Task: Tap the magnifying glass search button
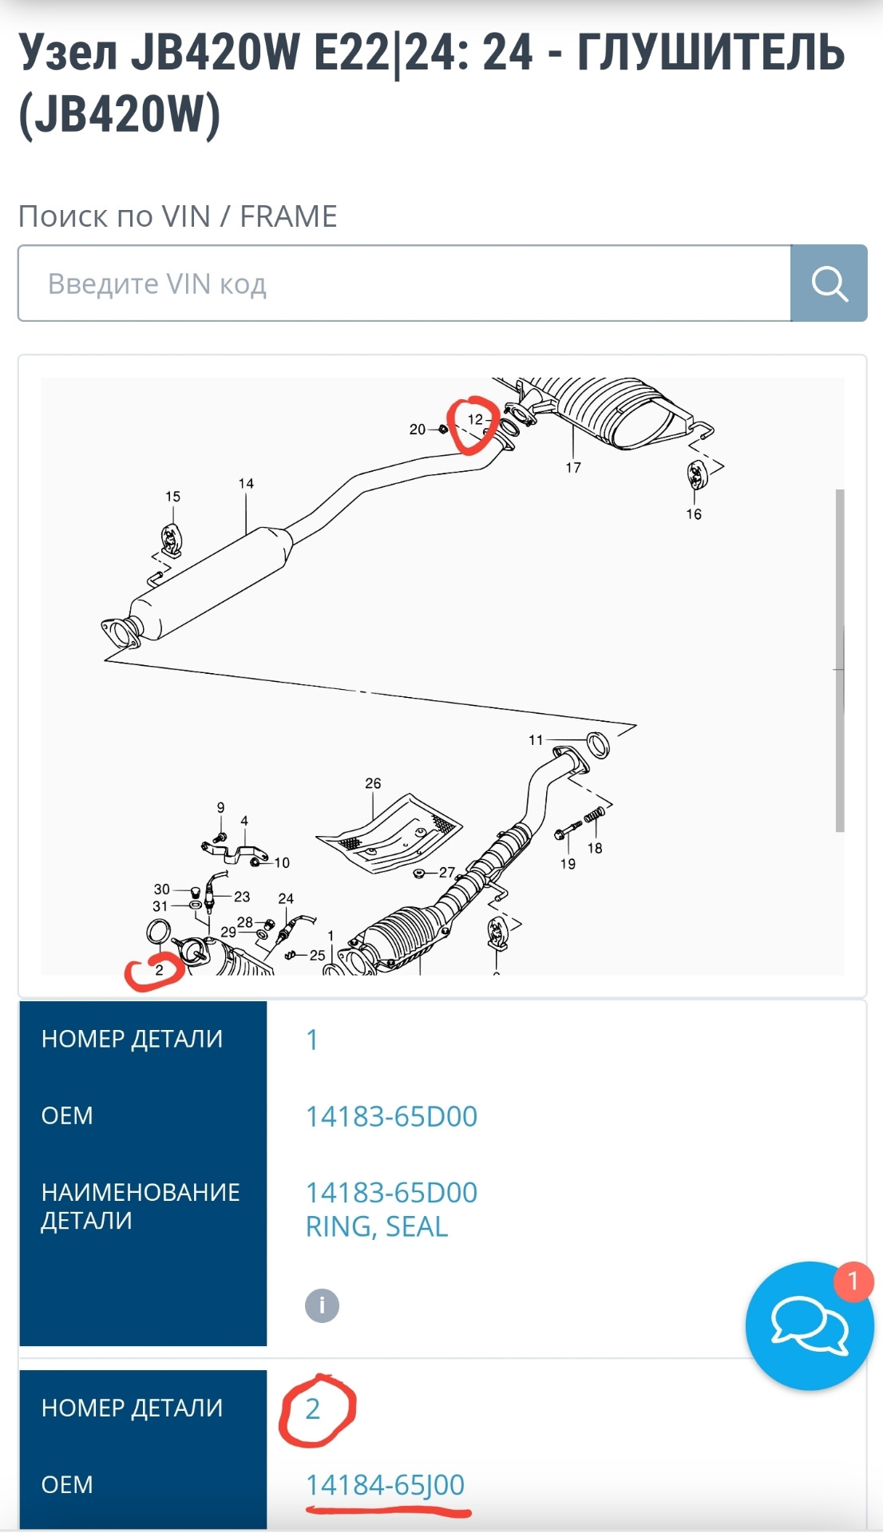coord(829,283)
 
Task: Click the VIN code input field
coord(403,283)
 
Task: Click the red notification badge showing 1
coord(853,1281)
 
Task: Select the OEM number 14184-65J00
coord(385,1484)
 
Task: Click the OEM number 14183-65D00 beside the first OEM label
coord(391,1116)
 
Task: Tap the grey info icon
coord(322,1305)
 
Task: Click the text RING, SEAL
coord(376,1226)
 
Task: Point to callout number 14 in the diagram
coord(246,484)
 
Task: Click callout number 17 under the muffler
coord(573,468)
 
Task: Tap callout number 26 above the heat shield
coord(373,783)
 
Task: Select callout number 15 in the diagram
coord(172,497)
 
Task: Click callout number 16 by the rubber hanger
coord(694,514)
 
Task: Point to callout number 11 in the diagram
coord(536,740)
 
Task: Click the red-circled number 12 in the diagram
coord(475,419)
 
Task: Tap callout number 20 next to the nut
coord(418,430)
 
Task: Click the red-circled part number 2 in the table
coord(313,1409)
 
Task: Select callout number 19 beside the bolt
coord(568,864)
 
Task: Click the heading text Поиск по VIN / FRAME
coord(177,216)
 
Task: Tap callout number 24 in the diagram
coord(286,898)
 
